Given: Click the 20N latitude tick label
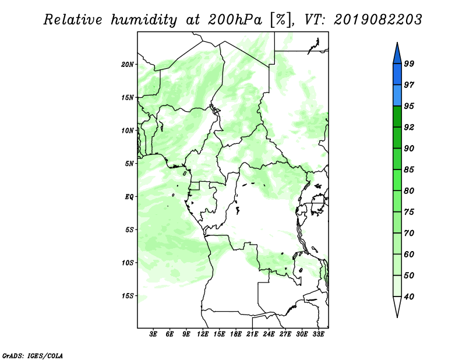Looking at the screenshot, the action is pos(128,65).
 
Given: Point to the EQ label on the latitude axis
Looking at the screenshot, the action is pos(129,197).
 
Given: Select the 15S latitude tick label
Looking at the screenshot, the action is pos(128,296).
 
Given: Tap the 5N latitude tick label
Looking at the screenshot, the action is pos(129,164).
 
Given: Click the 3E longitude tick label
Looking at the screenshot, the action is pos(153,334).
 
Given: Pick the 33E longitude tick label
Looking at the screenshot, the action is pos(318,334).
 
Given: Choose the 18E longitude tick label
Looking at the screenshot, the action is pos(236,334).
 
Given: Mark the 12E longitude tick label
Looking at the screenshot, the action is pos(203,334).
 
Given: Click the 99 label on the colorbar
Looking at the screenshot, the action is pos(409,63).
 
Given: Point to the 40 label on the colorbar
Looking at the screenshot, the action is pos(409,297).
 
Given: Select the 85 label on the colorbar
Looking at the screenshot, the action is pos(409,170).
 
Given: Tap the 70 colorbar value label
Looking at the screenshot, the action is pos(409,233).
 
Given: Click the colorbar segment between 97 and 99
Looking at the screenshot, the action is pos(397,75).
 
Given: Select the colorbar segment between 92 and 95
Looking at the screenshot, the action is pos(397,117).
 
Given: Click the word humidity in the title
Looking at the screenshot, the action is pos(144,20).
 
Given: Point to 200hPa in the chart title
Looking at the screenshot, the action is pos(235,20).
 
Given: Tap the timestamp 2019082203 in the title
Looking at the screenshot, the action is pos(377,20).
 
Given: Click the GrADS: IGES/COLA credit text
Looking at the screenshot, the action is pos(33,355).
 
